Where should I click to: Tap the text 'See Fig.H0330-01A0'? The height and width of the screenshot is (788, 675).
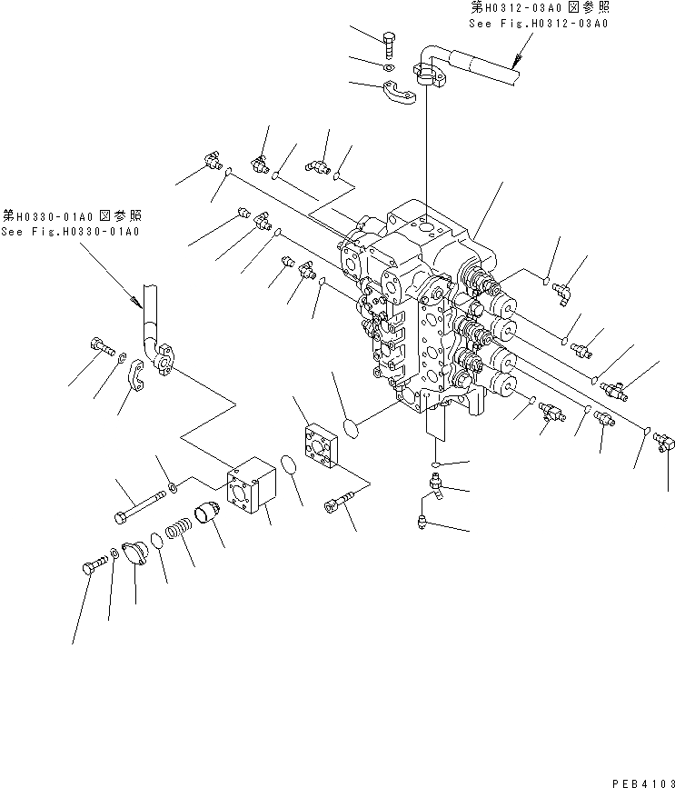(71, 232)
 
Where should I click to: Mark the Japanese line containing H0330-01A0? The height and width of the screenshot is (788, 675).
(71, 217)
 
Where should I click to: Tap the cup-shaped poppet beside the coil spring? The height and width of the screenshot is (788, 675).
(211, 513)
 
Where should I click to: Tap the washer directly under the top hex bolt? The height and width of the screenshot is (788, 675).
(388, 68)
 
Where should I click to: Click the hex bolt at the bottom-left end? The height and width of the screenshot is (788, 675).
(88, 568)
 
